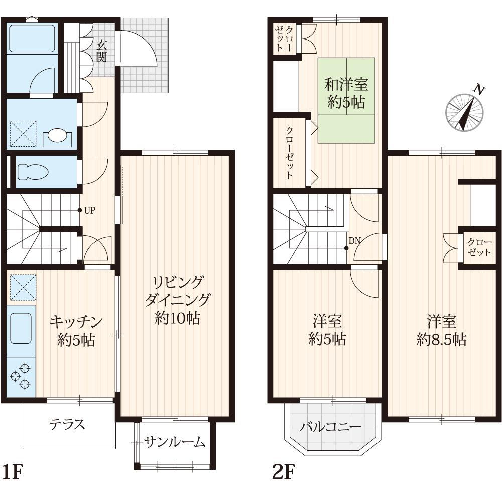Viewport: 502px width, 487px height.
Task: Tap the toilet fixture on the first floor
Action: pyautogui.click(x=32, y=172)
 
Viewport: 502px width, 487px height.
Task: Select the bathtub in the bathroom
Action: pyautogui.click(x=32, y=38)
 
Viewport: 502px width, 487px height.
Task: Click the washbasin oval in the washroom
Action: pyautogui.click(x=57, y=135)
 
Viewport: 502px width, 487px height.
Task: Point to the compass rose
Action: pyautogui.click(x=464, y=112)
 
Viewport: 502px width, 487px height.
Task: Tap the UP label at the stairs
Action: pyautogui.click(x=90, y=211)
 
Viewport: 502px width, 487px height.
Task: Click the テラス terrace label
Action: pyautogui.click(x=67, y=424)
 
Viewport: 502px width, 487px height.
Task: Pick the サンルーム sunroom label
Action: pyautogui.click(x=174, y=442)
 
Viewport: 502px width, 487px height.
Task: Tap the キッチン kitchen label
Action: pyautogui.click(x=76, y=321)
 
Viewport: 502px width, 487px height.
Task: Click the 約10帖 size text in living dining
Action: pyautogui.click(x=177, y=318)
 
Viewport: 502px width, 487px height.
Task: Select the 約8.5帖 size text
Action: pyautogui.click(x=441, y=339)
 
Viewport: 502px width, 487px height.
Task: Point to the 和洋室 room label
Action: pyautogui.click(x=346, y=84)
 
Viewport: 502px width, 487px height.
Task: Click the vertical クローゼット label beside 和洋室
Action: pyautogui.click(x=290, y=153)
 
